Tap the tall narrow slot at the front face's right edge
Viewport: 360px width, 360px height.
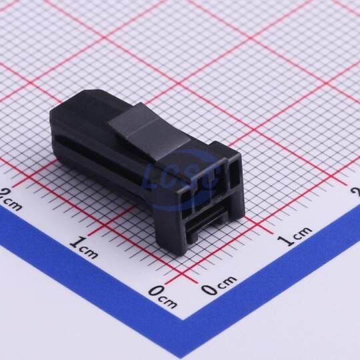(235, 174)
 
